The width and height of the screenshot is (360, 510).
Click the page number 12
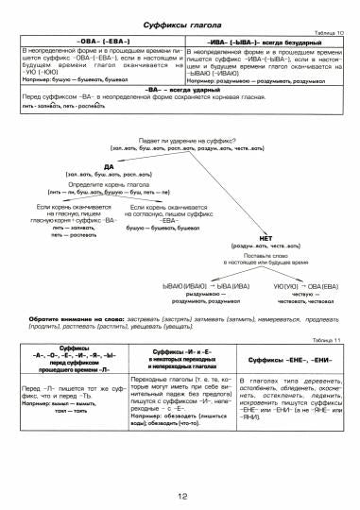180,495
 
